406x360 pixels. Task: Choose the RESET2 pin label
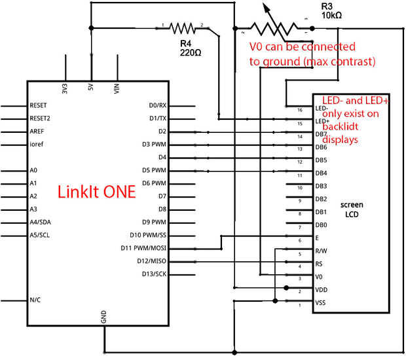(x=40, y=118)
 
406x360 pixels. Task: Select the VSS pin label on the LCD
(x=321, y=302)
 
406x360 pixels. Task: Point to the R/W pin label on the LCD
(x=321, y=251)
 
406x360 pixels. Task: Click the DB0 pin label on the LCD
(x=321, y=225)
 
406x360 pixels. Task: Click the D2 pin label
(x=162, y=132)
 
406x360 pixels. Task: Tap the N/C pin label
(x=36, y=300)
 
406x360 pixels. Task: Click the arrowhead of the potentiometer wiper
(x=267, y=6)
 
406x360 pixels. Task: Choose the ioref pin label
(x=37, y=144)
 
